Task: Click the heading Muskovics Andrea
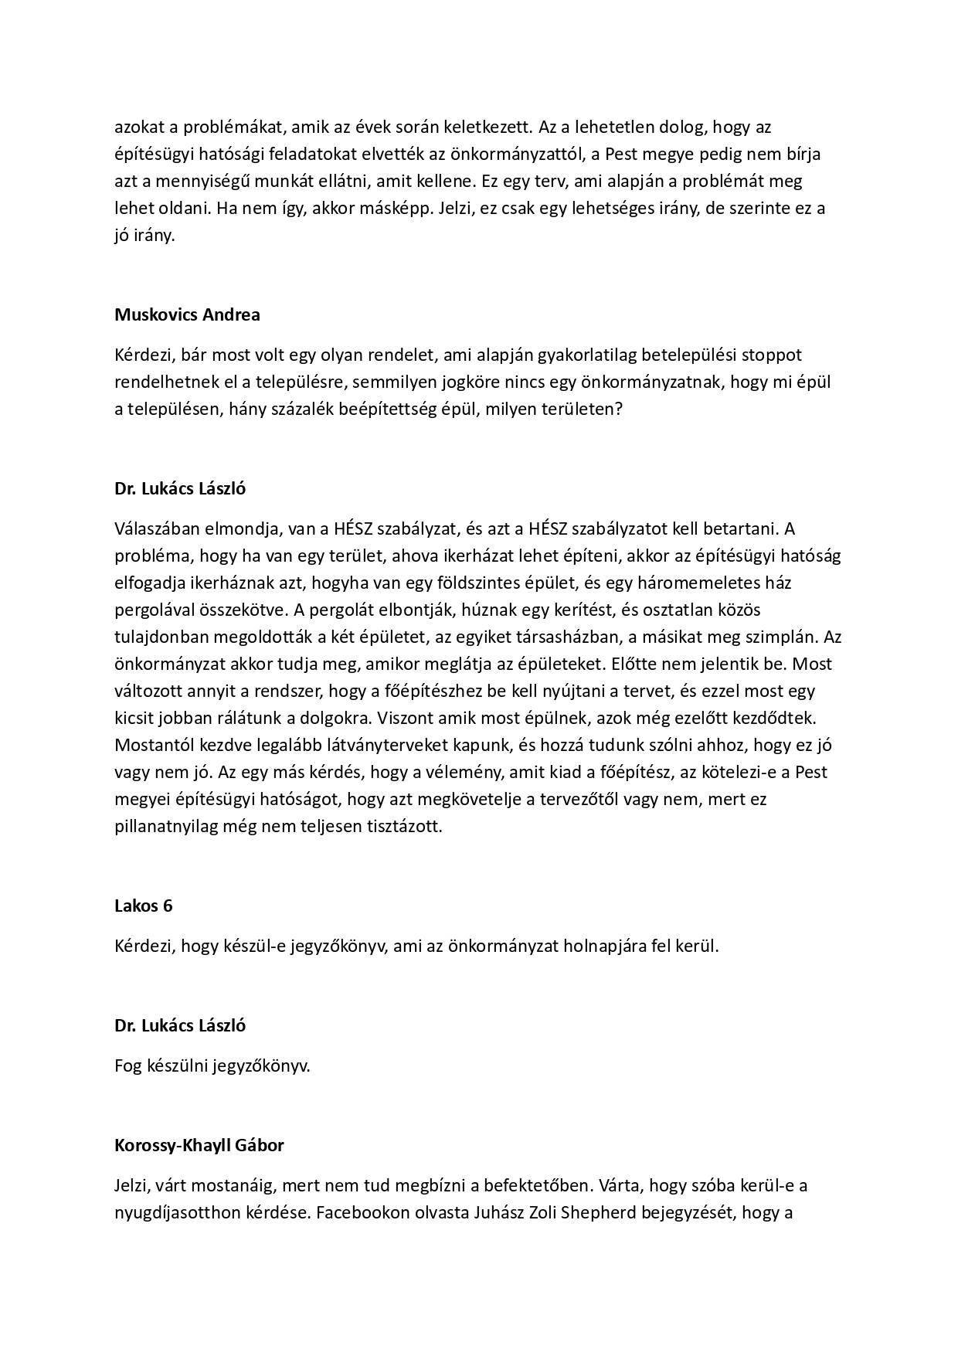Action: pyautogui.click(x=187, y=314)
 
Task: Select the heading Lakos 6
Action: pyautogui.click(x=143, y=906)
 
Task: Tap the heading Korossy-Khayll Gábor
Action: pyautogui.click(x=199, y=1145)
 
